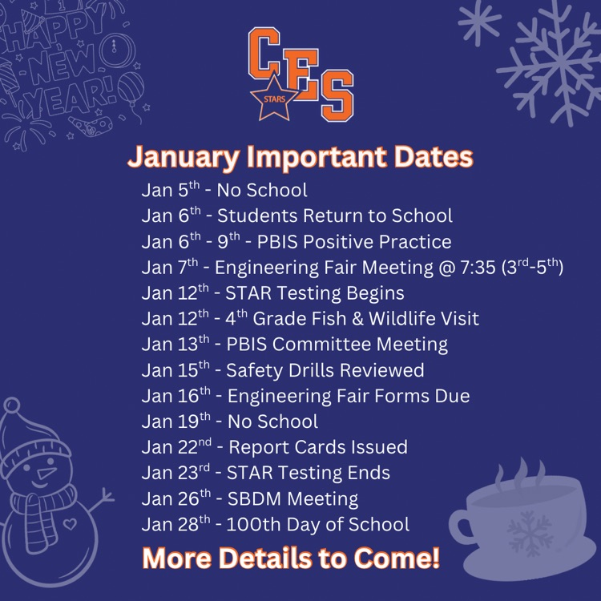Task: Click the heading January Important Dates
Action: pos(300,157)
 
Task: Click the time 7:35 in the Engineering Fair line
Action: pos(470,268)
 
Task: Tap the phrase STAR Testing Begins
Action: pos(315,293)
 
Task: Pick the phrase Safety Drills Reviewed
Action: pos(325,370)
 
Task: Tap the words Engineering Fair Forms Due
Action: pos(349,396)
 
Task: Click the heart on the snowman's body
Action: pos(70,526)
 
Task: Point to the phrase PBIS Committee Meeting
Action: pos(337,345)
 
